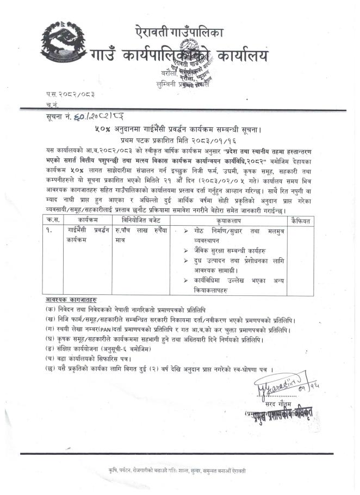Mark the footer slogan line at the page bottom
pos(179,469)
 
